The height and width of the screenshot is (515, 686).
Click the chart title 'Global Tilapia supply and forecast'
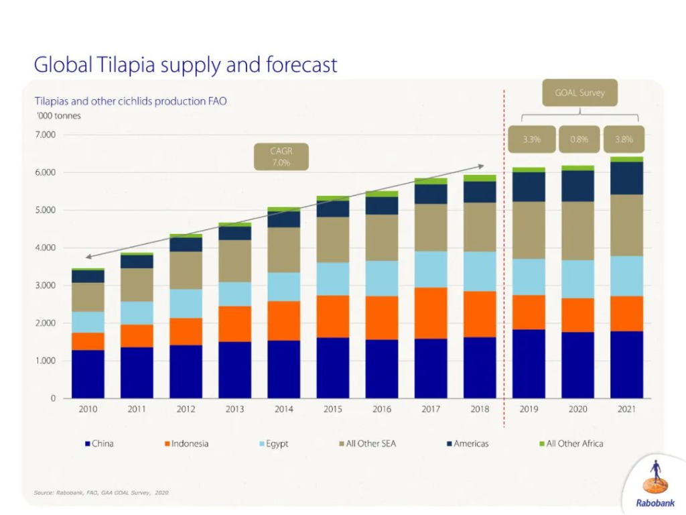click(186, 65)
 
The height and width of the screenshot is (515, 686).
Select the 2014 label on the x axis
click(284, 409)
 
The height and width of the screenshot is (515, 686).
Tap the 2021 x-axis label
click(626, 409)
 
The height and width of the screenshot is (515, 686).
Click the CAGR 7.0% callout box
click(281, 157)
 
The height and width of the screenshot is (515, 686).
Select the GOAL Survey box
click(579, 93)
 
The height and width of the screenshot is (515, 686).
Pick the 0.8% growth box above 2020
click(579, 139)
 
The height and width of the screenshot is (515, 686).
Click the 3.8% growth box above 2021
click(624, 139)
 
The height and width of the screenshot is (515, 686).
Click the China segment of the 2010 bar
click(88, 374)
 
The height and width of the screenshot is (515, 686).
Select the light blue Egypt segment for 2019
click(529, 277)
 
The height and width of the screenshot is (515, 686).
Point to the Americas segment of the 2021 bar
click(626, 178)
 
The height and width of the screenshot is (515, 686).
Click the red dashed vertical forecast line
click(504, 268)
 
